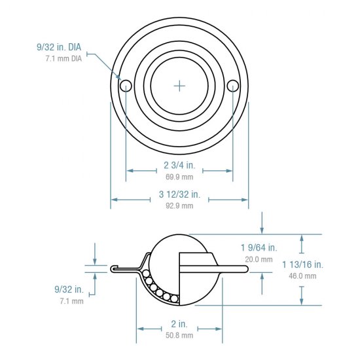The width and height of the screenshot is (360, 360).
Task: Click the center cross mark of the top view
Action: coord(180,86)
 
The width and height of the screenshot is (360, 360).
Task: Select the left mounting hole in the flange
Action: coord(126,86)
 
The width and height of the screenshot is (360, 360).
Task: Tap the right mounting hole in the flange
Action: coord(233,86)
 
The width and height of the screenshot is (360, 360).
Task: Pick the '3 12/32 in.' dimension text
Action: coord(179,194)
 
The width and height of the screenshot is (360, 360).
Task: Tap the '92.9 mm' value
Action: coord(179,206)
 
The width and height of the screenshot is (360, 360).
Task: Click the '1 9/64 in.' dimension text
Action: coord(259,247)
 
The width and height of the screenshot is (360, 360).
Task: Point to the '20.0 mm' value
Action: coord(259,259)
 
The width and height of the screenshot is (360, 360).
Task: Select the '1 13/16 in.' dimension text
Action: coord(302,264)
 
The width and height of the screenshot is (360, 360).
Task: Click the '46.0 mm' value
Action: coord(302,276)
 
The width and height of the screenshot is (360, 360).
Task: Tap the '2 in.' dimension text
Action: coord(179,324)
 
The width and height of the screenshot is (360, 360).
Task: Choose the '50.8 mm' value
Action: coord(179,335)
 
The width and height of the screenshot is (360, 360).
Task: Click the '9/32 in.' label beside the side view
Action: coord(69,289)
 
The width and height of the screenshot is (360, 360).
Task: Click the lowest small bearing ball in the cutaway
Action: coord(175,299)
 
